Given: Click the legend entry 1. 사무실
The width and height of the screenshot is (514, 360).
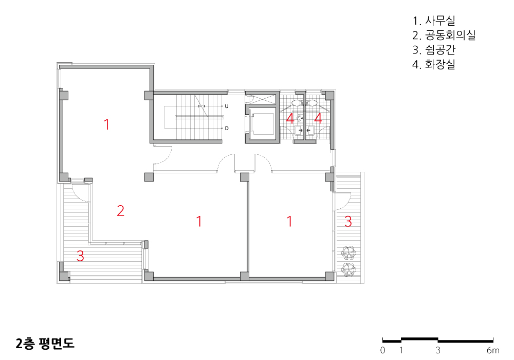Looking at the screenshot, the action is click(434, 21).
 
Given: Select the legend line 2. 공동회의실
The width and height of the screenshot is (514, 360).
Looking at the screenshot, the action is click(444, 35).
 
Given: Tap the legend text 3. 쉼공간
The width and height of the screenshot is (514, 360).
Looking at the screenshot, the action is click(434, 49).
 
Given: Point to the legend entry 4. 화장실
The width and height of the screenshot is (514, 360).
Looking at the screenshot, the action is click(434, 64).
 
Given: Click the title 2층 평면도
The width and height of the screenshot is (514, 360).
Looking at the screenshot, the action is click(45, 343).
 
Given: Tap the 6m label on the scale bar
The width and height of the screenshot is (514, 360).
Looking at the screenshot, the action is click(493, 350).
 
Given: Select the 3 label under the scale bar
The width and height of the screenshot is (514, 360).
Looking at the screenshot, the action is click(438, 350).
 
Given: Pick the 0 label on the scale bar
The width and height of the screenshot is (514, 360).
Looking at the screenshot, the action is click(382, 350).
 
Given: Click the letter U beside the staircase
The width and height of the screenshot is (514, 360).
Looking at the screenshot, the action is click(227, 106).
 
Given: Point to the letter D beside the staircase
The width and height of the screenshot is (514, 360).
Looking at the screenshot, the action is click(227, 128).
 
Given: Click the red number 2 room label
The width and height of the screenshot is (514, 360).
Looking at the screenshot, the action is click(121, 210).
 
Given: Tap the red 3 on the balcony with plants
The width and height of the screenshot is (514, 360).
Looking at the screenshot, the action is click(348, 221).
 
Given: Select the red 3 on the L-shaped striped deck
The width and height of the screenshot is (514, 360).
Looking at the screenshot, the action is click(80, 256).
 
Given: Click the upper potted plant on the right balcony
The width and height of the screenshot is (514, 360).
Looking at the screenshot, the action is click(348, 253).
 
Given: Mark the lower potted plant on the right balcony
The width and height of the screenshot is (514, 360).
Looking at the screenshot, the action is click(348, 269).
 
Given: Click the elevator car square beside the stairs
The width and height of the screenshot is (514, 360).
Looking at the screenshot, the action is click(262, 124).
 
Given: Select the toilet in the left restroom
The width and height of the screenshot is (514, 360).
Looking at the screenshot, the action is click(297, 103).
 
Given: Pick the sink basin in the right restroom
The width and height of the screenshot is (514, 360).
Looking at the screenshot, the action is click(310, 131).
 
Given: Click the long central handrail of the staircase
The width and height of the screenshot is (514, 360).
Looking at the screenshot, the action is click(199, 117).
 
